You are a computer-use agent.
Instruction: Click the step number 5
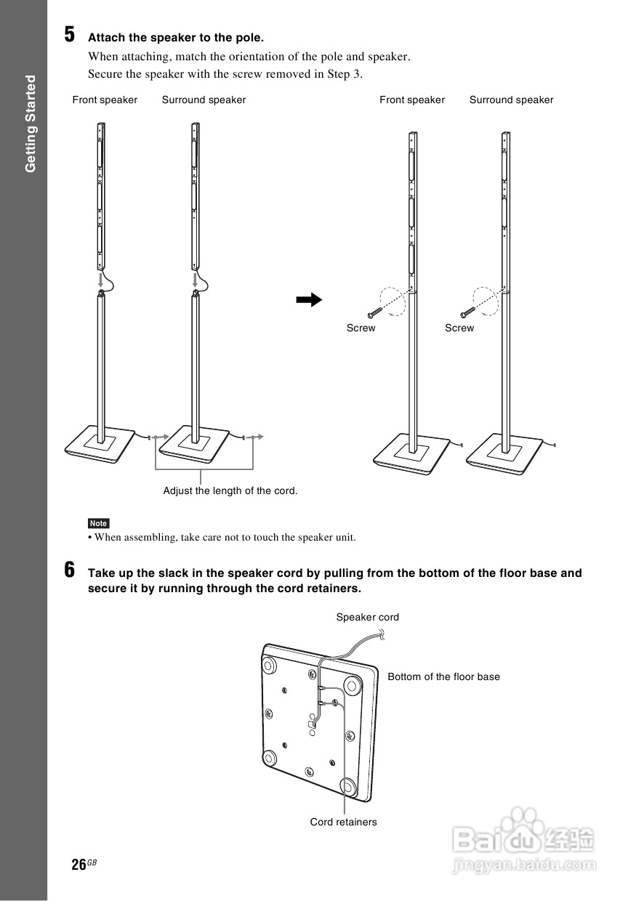(x=70, y=34)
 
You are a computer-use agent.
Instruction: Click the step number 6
(x=70, y=570)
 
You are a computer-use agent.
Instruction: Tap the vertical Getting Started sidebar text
(x=31, y=124)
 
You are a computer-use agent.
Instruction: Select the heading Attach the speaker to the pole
(x=176, y=37)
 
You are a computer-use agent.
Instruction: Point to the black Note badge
(x=98, y=523)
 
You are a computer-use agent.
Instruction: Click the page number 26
(x=79, y=865)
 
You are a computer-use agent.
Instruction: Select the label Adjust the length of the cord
(x=230, y=490)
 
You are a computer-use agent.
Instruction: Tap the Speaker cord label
(x=367, y=617)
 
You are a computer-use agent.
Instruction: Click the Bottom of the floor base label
(x=443, y=676)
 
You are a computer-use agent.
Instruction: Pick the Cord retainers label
(x=343, y=822)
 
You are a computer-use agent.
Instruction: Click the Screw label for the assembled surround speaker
(x=459, y=328)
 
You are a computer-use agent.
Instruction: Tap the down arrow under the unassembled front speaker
(x=101, y=280)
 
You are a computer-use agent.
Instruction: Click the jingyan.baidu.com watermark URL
(x=523, y=865)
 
